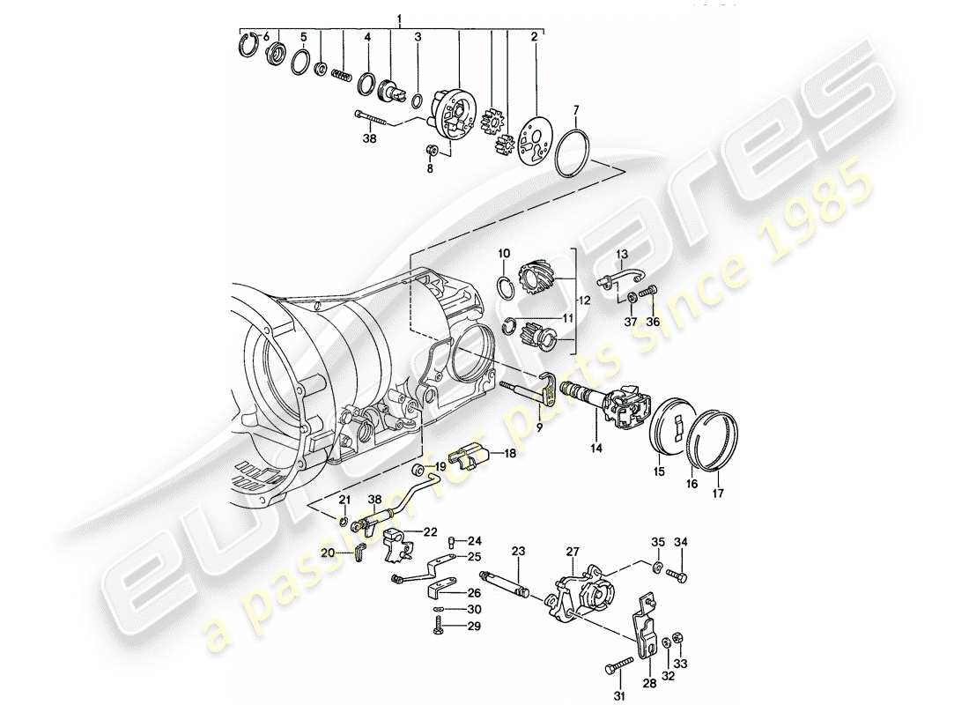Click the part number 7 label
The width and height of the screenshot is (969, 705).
[x=575, y=111]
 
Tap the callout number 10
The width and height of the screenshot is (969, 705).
[x=503, y=254]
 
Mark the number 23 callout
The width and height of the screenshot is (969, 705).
[x=518, y=551]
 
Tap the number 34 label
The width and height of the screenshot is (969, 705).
[x=682, y=541]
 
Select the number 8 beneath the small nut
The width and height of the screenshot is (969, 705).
[x=430, y=167]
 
